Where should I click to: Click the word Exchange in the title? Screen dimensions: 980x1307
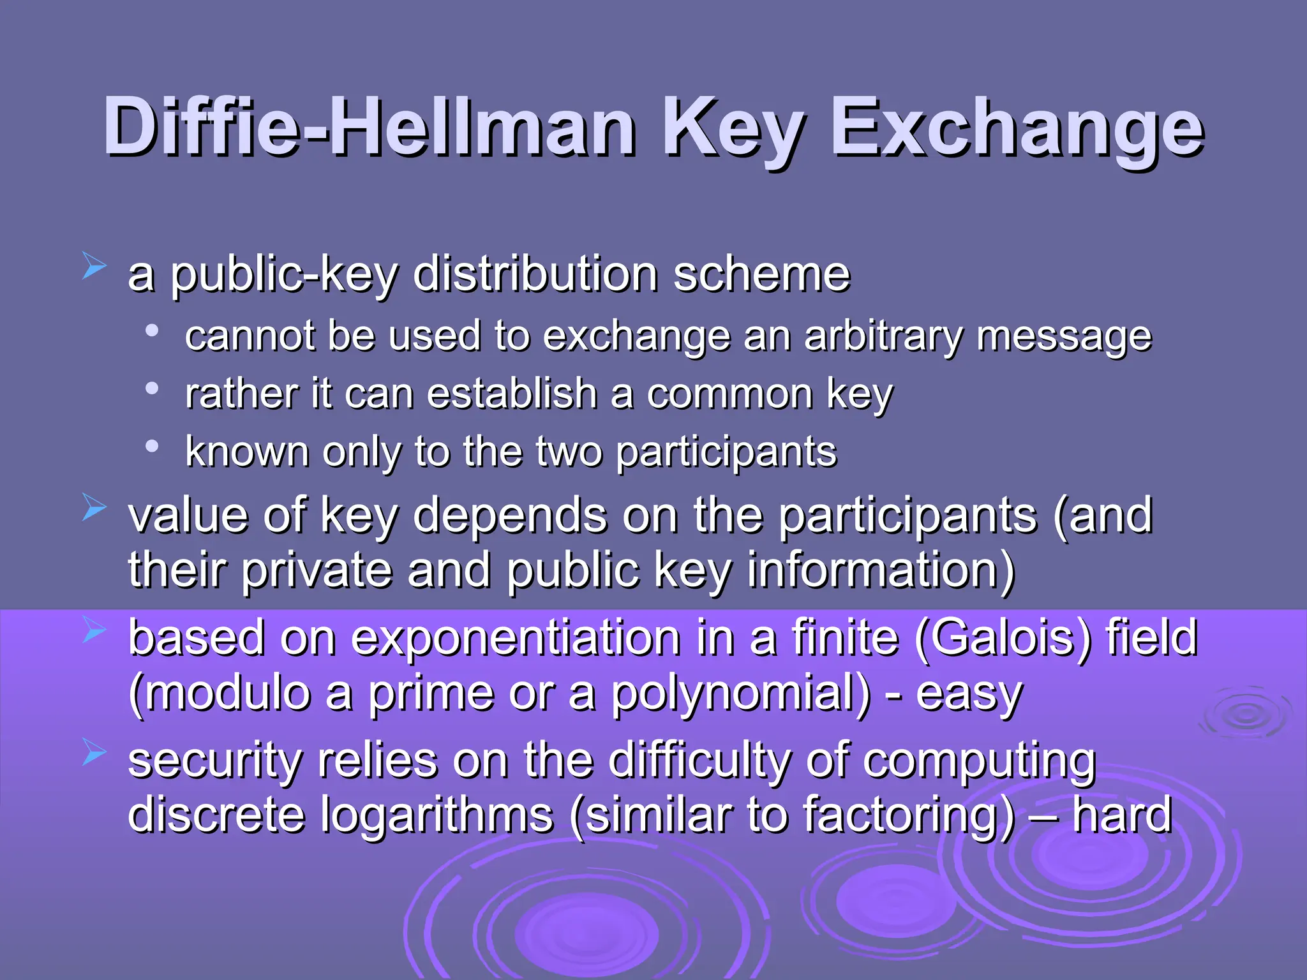(1016, 128)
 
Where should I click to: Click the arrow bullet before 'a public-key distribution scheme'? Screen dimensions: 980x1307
(94, 266)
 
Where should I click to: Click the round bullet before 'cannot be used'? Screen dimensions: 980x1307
(151, 330)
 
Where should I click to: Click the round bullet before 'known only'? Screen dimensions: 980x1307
(151, 446)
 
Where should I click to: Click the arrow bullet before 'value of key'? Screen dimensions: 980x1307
(94, 509)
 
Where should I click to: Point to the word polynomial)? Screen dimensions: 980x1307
(740, 694)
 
